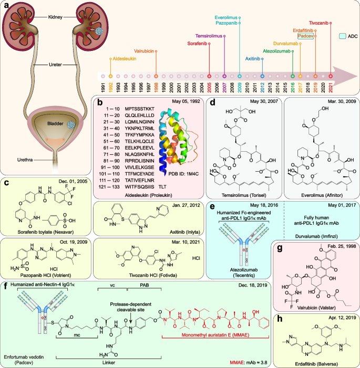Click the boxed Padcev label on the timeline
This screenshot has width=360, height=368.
[x=306, y=36]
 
